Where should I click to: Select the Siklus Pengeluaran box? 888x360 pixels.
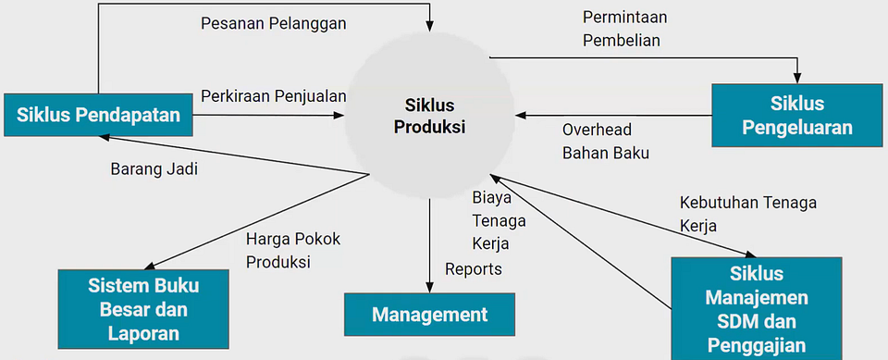point(797,115)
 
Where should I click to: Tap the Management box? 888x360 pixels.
point(429,315)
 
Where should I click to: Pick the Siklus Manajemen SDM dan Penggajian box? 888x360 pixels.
point(757,309)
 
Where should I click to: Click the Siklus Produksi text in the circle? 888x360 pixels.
point(429,116)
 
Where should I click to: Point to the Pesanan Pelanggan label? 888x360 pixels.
point(274,23)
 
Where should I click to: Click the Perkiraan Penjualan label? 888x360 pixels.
point(274,95)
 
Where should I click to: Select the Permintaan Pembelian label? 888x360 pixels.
point(625,29)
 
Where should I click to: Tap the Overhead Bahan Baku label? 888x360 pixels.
point(606,142)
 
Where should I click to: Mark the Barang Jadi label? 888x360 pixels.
point(154,169)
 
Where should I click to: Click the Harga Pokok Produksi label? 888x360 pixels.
point(293,250)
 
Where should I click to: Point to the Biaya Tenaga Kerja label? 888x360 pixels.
point(499,221)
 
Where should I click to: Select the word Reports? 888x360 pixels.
point(474,269)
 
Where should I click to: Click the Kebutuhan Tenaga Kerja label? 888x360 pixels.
point(747,213)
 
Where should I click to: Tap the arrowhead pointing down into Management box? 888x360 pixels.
point(429,286)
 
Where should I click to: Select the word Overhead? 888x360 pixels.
point(597,130)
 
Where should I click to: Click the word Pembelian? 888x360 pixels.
point(622,41)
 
